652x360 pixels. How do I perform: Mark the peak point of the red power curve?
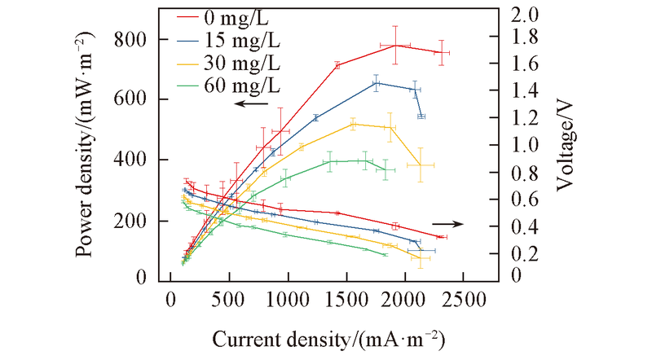click(395, 45)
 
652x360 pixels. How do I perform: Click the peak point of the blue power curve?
click(377, 83)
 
